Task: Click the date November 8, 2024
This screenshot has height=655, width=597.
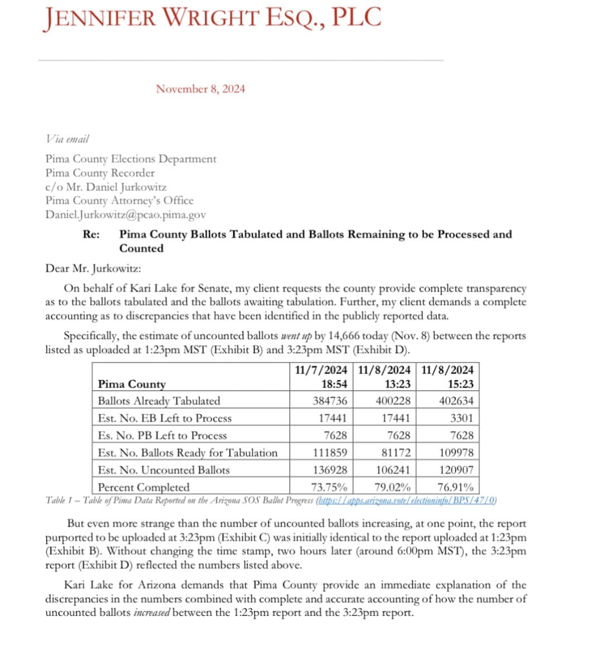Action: [x=200, y=89]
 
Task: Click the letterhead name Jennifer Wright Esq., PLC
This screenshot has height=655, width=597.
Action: [x=212, y=17]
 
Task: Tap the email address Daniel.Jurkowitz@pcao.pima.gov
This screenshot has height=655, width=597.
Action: [x=126, y=214]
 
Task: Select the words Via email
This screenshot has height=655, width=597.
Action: [x=67, y=138]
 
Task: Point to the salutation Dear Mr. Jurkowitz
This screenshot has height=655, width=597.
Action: [x=93, y=268]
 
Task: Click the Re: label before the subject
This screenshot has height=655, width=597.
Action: [x=92, y=235]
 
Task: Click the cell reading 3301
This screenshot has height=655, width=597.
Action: [x=461, y=418]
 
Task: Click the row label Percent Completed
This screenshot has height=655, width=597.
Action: [x=143, y=487]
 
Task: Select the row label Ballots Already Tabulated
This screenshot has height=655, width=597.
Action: [x=158, y=401]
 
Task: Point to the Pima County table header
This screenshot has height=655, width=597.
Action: [x=132, y=384]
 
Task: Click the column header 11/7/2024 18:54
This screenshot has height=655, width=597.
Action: [x=321, y=377]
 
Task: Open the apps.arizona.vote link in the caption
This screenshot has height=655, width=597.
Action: [x=406, y=500]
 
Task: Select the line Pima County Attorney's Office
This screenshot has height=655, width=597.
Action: [x=119, y=200]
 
